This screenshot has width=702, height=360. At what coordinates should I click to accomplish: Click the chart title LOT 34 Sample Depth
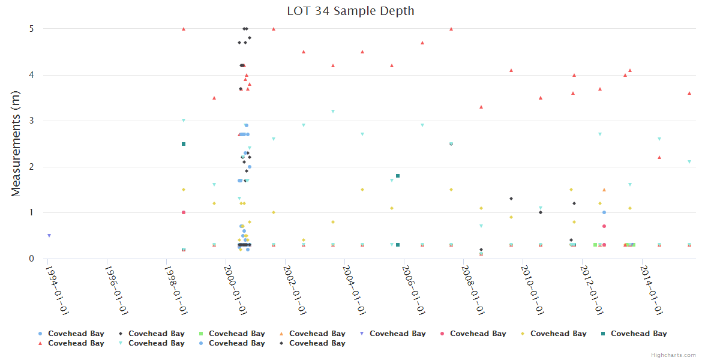coord(350,11)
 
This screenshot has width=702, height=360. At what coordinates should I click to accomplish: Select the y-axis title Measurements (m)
coord(16,144)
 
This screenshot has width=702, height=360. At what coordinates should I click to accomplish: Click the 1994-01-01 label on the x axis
coord(58,289)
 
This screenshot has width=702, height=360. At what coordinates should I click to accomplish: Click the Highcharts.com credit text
coord(674,355)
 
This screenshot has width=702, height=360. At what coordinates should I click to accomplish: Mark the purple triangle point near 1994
coord(49,236)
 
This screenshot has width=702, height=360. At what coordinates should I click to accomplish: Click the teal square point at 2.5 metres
coord(184,144)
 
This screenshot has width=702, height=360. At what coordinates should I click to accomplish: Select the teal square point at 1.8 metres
coord(398,176)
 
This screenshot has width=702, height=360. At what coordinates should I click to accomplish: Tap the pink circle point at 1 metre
coord(184,212)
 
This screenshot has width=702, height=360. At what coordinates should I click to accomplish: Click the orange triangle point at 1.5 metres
coord(604,190)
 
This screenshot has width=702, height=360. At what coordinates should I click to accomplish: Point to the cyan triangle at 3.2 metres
coord(333,112)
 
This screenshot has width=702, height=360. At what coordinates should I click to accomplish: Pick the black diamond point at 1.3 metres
coord(511,199)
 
